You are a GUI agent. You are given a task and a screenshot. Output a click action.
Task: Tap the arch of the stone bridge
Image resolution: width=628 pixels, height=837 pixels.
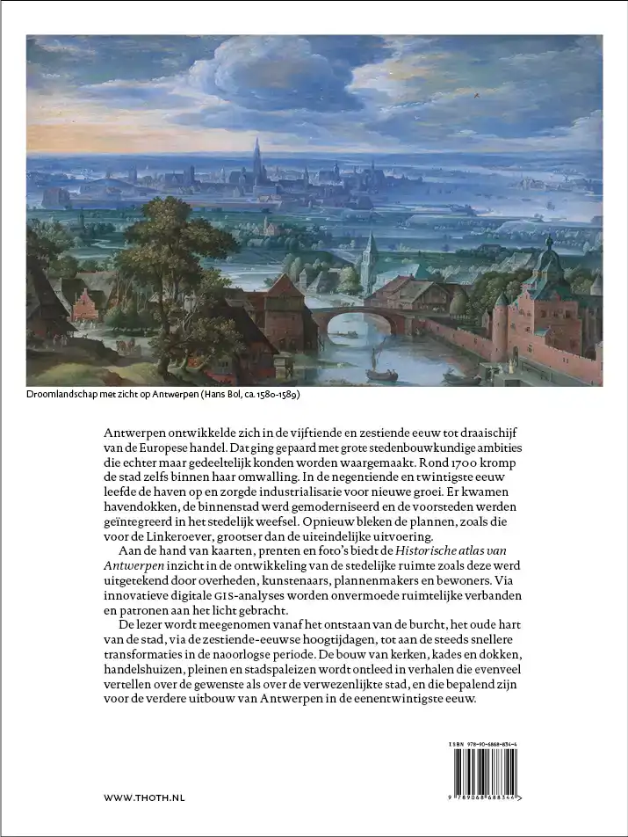(351, 324)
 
